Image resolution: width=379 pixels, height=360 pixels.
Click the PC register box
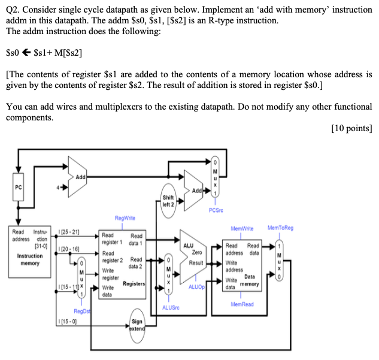pos(18,187)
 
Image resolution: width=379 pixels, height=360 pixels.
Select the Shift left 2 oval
pos(168,201)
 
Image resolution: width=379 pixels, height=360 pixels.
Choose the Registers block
pos(122,264)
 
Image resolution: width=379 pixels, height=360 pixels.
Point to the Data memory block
pos(242,264)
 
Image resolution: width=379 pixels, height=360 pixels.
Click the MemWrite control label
pos(242,228)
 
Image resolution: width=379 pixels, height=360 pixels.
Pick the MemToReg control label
pos(280,228)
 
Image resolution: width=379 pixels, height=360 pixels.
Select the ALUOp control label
pos(196,287)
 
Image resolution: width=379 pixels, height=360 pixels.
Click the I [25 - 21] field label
pos(71,231)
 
